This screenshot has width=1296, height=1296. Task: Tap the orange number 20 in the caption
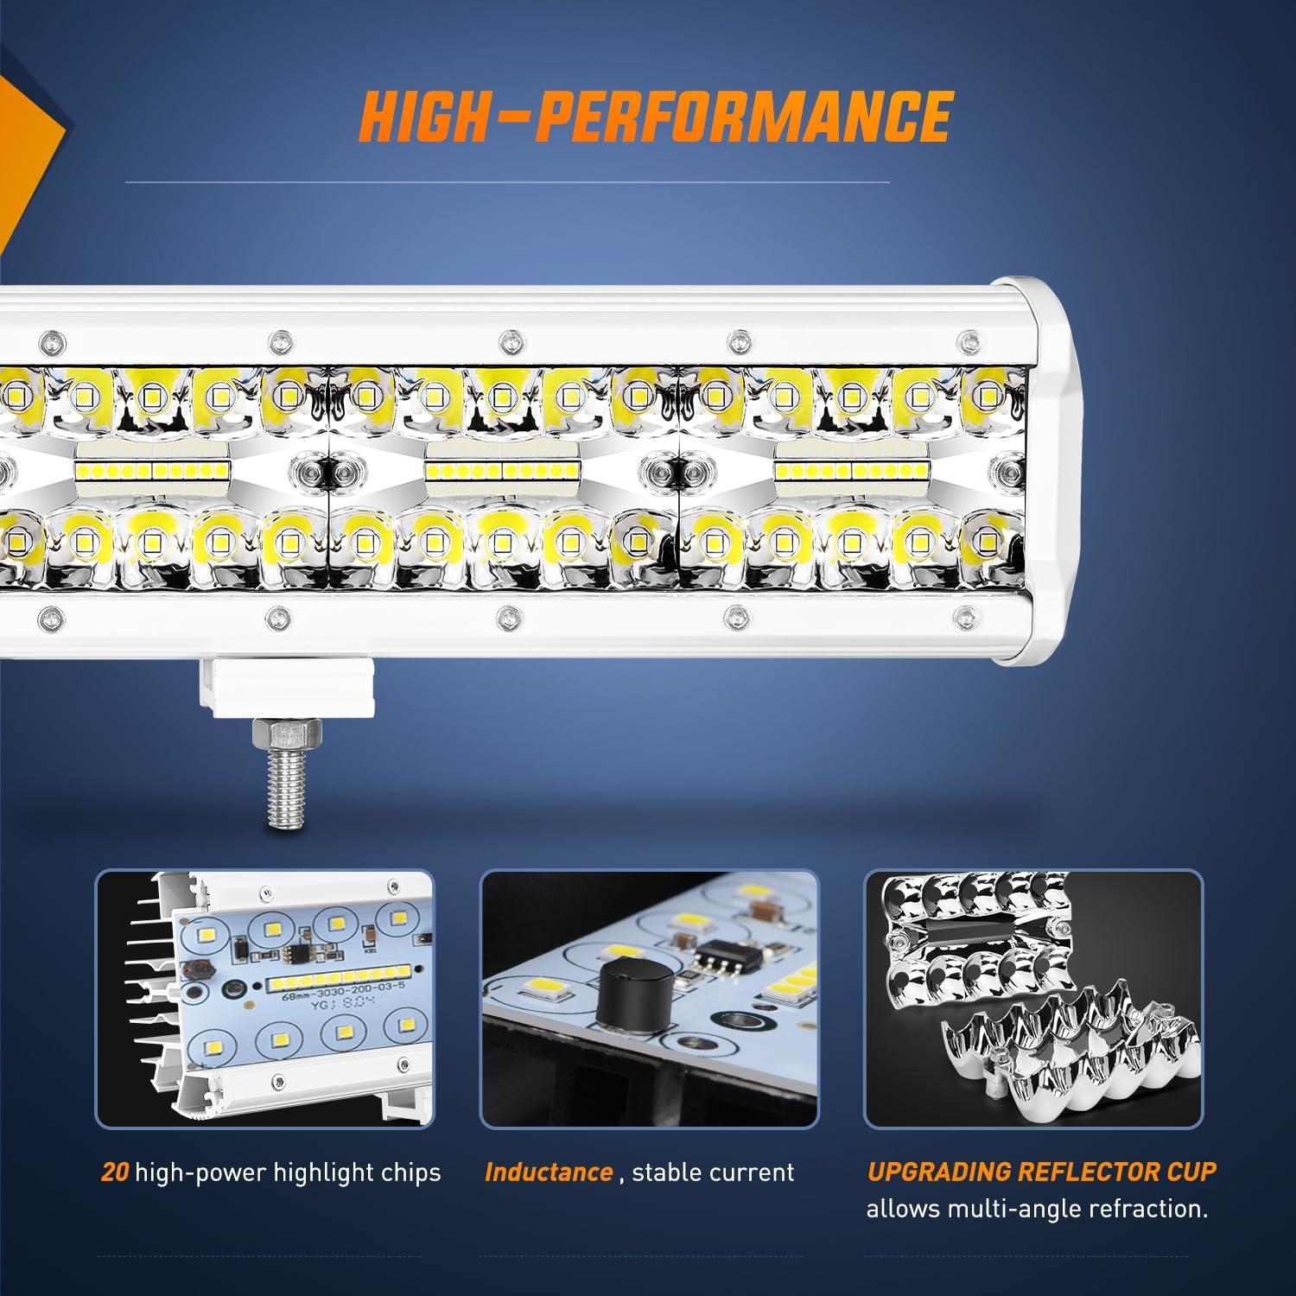(115, 1172)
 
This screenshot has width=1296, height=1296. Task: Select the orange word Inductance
(549, 1172)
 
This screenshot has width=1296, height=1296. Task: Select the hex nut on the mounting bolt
(287, 736)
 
